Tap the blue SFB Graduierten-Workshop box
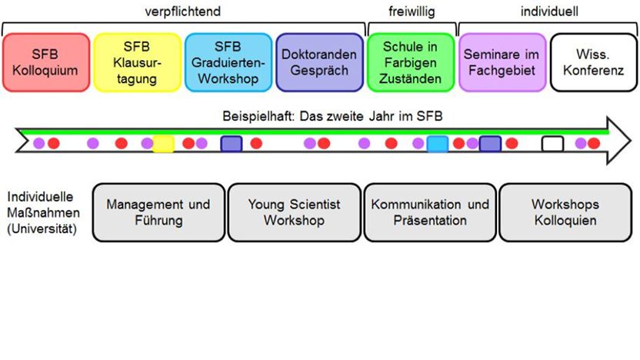click(228, 62)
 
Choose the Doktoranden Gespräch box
click(319, 62)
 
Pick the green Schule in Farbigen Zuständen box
click(411, 62)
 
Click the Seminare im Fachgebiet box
click(502, 62)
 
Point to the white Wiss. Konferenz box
click(593, 62)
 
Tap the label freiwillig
click(411, 11)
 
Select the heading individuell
click(548, 11)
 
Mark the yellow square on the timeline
click(163, 143)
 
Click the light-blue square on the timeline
click(438, 143)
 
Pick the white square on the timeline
click(552, 143)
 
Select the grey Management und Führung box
click(158, 212)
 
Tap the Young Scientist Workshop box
click(294, 212)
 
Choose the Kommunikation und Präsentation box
click(429, 212)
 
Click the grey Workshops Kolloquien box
click(565, 212)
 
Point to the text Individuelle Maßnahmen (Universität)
click(42, 212)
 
